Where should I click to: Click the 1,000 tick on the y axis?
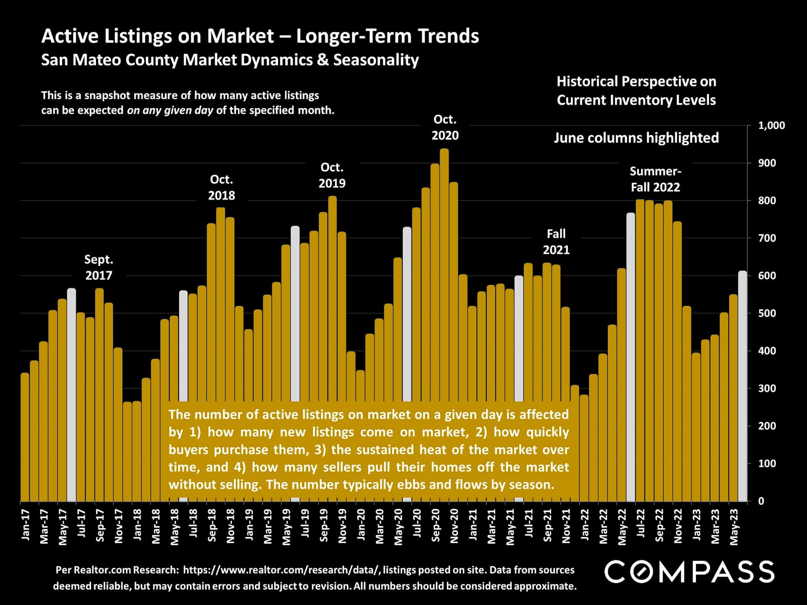[x=771, y=126]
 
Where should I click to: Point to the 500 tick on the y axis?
[x=767, y=313]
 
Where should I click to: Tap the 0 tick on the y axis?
[x=761, y=501]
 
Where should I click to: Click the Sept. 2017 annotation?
[x=99, y=267]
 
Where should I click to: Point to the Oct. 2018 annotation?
[x=222, y=187]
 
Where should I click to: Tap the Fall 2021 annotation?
[x=556, y=242]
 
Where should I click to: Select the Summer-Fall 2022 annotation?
[x=655, y=179]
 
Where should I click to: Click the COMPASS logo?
[x=689, y=572]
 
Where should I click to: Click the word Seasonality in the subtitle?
[x=376, y=60]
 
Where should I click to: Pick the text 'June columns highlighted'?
[x=636, y=138]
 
